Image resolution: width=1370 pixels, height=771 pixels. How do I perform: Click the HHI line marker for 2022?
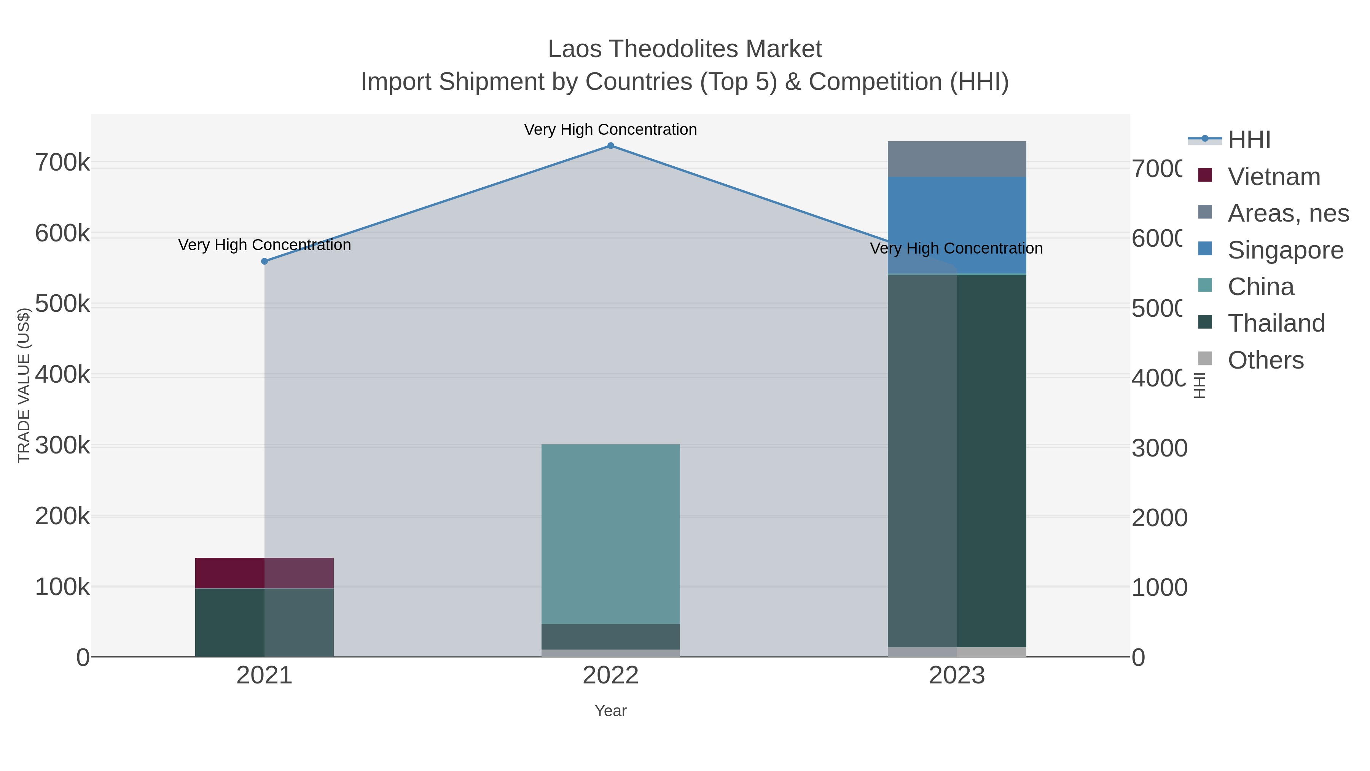coord(610,146)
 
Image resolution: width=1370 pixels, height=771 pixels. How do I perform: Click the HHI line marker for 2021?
coord(264,261)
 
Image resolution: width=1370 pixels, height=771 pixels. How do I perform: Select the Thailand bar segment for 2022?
coord(610,636)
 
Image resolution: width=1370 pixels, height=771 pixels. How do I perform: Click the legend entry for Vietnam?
coord(1273,177)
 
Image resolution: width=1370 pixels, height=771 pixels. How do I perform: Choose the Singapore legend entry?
coord(1285,250)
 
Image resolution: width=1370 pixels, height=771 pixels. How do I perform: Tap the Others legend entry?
coord(1265,360)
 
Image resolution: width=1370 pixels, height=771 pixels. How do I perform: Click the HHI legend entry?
coord(1249,140)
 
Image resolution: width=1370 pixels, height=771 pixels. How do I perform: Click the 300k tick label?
coord(63,445)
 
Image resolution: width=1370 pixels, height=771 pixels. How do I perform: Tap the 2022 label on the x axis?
coord(610,675)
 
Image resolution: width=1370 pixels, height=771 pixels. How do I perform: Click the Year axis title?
coord(610,711)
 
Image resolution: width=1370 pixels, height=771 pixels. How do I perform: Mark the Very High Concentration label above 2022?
coord(610,129)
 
